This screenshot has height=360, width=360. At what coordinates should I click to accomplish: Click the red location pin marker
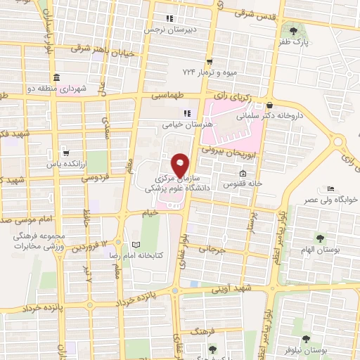click(181, 165)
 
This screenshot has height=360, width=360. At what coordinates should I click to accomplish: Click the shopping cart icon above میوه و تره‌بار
click(209, 62)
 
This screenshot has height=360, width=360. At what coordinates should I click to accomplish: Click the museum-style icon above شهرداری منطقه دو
click(56, 77)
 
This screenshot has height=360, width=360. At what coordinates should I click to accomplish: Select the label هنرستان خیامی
click(168, 124)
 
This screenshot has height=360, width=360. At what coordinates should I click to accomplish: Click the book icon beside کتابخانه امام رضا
click(136, 244)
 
